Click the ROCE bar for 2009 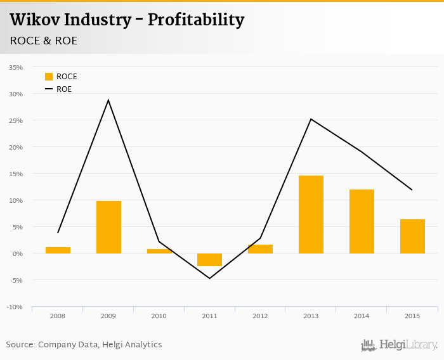coord(108,227)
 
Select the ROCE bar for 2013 coord(311,214)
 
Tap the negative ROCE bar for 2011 coord(209,260)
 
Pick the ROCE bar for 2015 coord(412,236)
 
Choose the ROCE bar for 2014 coord(362,221)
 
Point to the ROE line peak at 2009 coord(108,100)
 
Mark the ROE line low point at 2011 coord(209,278)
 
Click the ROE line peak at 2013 coord(311,119)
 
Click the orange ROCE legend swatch coord(49,77)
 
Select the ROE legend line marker coord(49,89)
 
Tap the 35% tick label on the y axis coord(16,67)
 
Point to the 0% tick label coord(18,254)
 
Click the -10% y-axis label coord(15,307)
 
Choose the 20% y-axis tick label coord(16,147)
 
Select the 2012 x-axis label coord(260,316)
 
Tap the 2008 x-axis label coord(57,316)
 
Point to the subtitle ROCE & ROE coord(43,41)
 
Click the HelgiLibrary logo coord(399,345)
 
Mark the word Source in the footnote coord(20,345)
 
